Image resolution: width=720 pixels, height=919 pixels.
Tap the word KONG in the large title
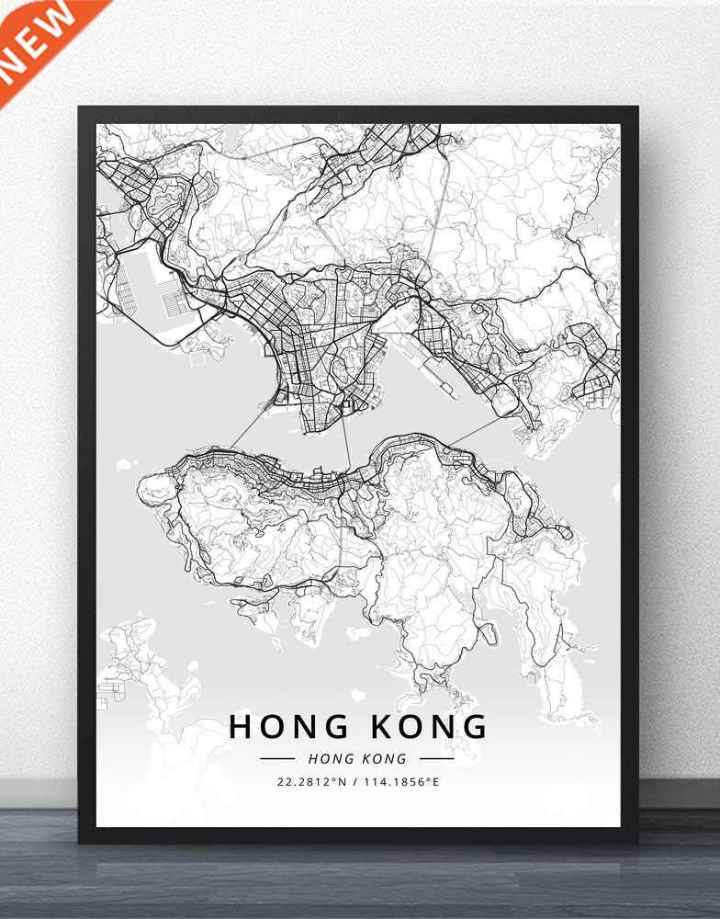tap(429, 726)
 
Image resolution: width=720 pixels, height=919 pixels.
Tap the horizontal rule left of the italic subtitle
tap(277, 759)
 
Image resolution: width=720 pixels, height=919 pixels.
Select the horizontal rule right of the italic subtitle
tap(436, 759)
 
